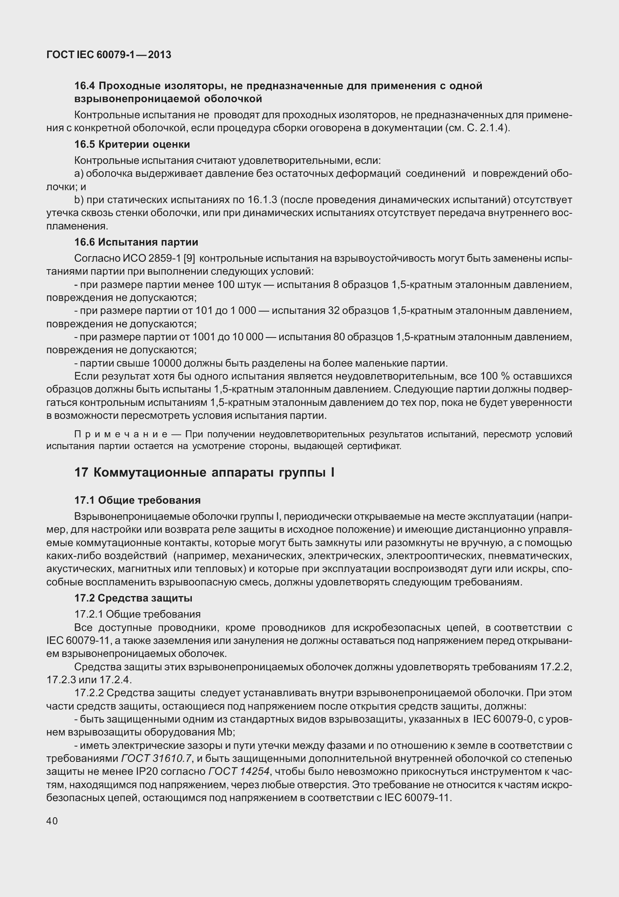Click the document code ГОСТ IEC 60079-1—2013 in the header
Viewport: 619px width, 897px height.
tap(109, 55)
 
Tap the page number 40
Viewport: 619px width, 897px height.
tap(52, 821)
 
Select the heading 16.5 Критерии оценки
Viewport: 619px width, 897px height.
tap(132, 145)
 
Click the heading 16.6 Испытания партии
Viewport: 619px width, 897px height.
tap(136, 242)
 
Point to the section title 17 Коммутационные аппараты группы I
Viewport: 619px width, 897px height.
tap(204, 473)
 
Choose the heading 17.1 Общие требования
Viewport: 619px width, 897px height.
tap(138, 500)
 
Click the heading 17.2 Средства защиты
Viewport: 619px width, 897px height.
tap(133, 598)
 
